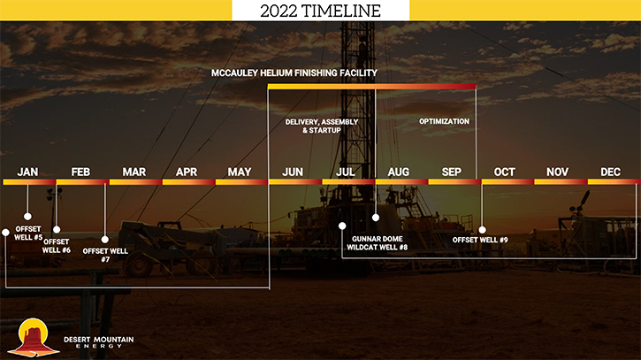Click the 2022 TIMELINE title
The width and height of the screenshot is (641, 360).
(x=320, y=11)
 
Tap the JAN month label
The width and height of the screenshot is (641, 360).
(x=27, y=172)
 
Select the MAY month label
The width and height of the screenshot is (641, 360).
(x=240, y=172)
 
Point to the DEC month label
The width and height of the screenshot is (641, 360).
(x=610, y=172)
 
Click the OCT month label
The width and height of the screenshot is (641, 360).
(x=505, y=172)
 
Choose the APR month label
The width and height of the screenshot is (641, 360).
(x=187, y=172)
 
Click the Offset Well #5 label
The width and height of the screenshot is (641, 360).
(x=28, y=234)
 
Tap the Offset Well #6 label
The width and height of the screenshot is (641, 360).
(x=57, y=246)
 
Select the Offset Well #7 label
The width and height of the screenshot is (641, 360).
(x=105, y=255)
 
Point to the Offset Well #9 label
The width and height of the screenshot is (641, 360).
(x=480, y=240)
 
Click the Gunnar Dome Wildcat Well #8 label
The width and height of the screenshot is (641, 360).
(x=377, y=243)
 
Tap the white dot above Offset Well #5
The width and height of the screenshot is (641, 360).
(x=27, y=216)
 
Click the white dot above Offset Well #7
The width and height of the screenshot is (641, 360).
(x=105, y=240)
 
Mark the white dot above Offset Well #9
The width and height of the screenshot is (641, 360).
(x=483, y=230)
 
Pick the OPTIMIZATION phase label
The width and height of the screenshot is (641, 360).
(x=444, y=121)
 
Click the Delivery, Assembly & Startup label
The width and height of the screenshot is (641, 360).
(x=322, y=126)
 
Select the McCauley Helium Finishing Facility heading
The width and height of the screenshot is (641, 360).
(x=294, y=73)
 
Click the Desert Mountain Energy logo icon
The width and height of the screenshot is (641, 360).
(x=34, y=338)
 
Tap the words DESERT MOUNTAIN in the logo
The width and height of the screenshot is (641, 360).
(x=98, y=339)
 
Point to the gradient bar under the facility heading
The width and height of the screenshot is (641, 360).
(x=371, y=87)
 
